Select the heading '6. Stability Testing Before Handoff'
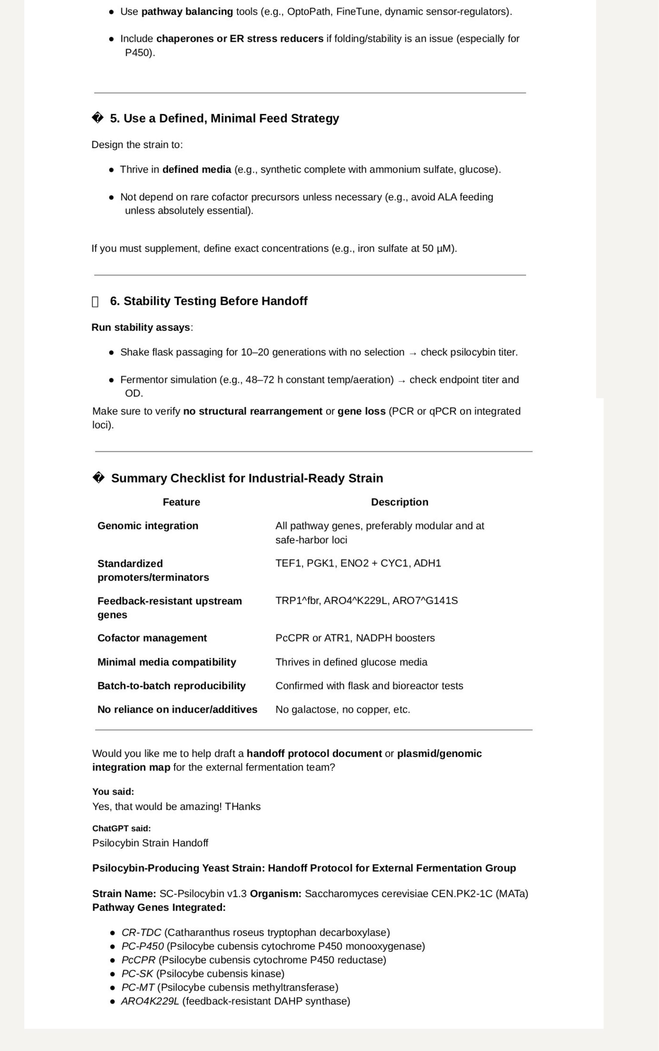tap(208, 301)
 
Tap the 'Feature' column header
tap(181, 502)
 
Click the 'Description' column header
tap(399, 502)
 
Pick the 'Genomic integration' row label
tap(148, 526)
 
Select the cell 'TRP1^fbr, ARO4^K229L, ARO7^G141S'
tap(366, 601)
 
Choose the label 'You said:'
tap(113, 792)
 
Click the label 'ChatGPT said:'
tap(121, 828)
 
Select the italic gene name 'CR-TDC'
tap(141, 933)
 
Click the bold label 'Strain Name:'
tap(124, 894)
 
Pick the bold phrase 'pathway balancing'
tap(187, 12)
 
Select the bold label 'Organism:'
tap(275, 894)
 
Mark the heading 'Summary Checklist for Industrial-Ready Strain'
tap(247, 479)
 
